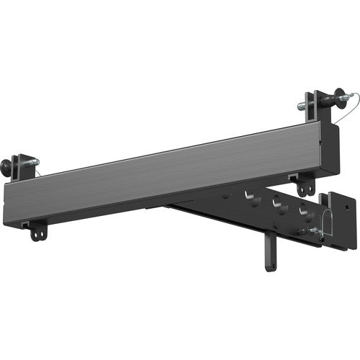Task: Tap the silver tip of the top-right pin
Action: (x=301, y=107)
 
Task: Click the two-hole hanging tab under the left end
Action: (x=36, y=231)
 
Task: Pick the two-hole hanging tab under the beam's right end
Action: (x=307, y=186)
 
